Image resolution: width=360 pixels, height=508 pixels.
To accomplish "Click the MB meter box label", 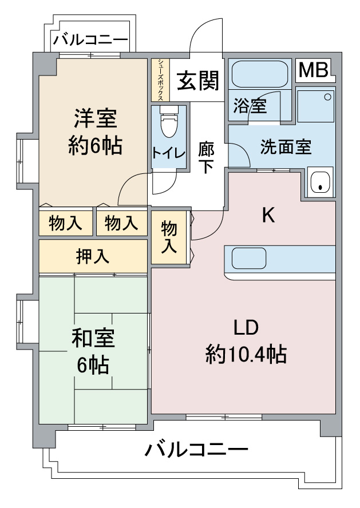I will (x=314, y=70).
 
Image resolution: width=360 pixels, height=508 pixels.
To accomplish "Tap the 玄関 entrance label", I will (x=197, y=81).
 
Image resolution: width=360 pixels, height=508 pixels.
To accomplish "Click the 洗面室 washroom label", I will (x=286, y=147).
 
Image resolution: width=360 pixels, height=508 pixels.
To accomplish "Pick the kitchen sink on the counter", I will (x=250, y=259).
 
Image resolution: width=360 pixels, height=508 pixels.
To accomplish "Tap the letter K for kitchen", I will (x=268, y=215).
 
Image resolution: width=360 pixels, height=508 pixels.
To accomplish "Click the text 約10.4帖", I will (x=246, y=355).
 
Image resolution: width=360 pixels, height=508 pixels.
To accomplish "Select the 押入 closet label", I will (x=93, y=257).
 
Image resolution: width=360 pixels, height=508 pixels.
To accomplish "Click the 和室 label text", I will (x=93, y=339).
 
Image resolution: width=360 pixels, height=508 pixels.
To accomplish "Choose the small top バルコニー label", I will (x=90, y=41).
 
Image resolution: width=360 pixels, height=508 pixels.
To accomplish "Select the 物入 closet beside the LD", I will (x=169, y=237).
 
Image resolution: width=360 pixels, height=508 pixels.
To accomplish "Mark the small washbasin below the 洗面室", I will (x=320, y=182).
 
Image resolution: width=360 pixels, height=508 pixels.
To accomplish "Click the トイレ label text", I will (x=168, y=153).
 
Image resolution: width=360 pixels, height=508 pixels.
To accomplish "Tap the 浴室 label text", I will (x=250, y=105).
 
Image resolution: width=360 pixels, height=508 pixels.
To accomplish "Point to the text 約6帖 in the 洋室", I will (x=95, y=146).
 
